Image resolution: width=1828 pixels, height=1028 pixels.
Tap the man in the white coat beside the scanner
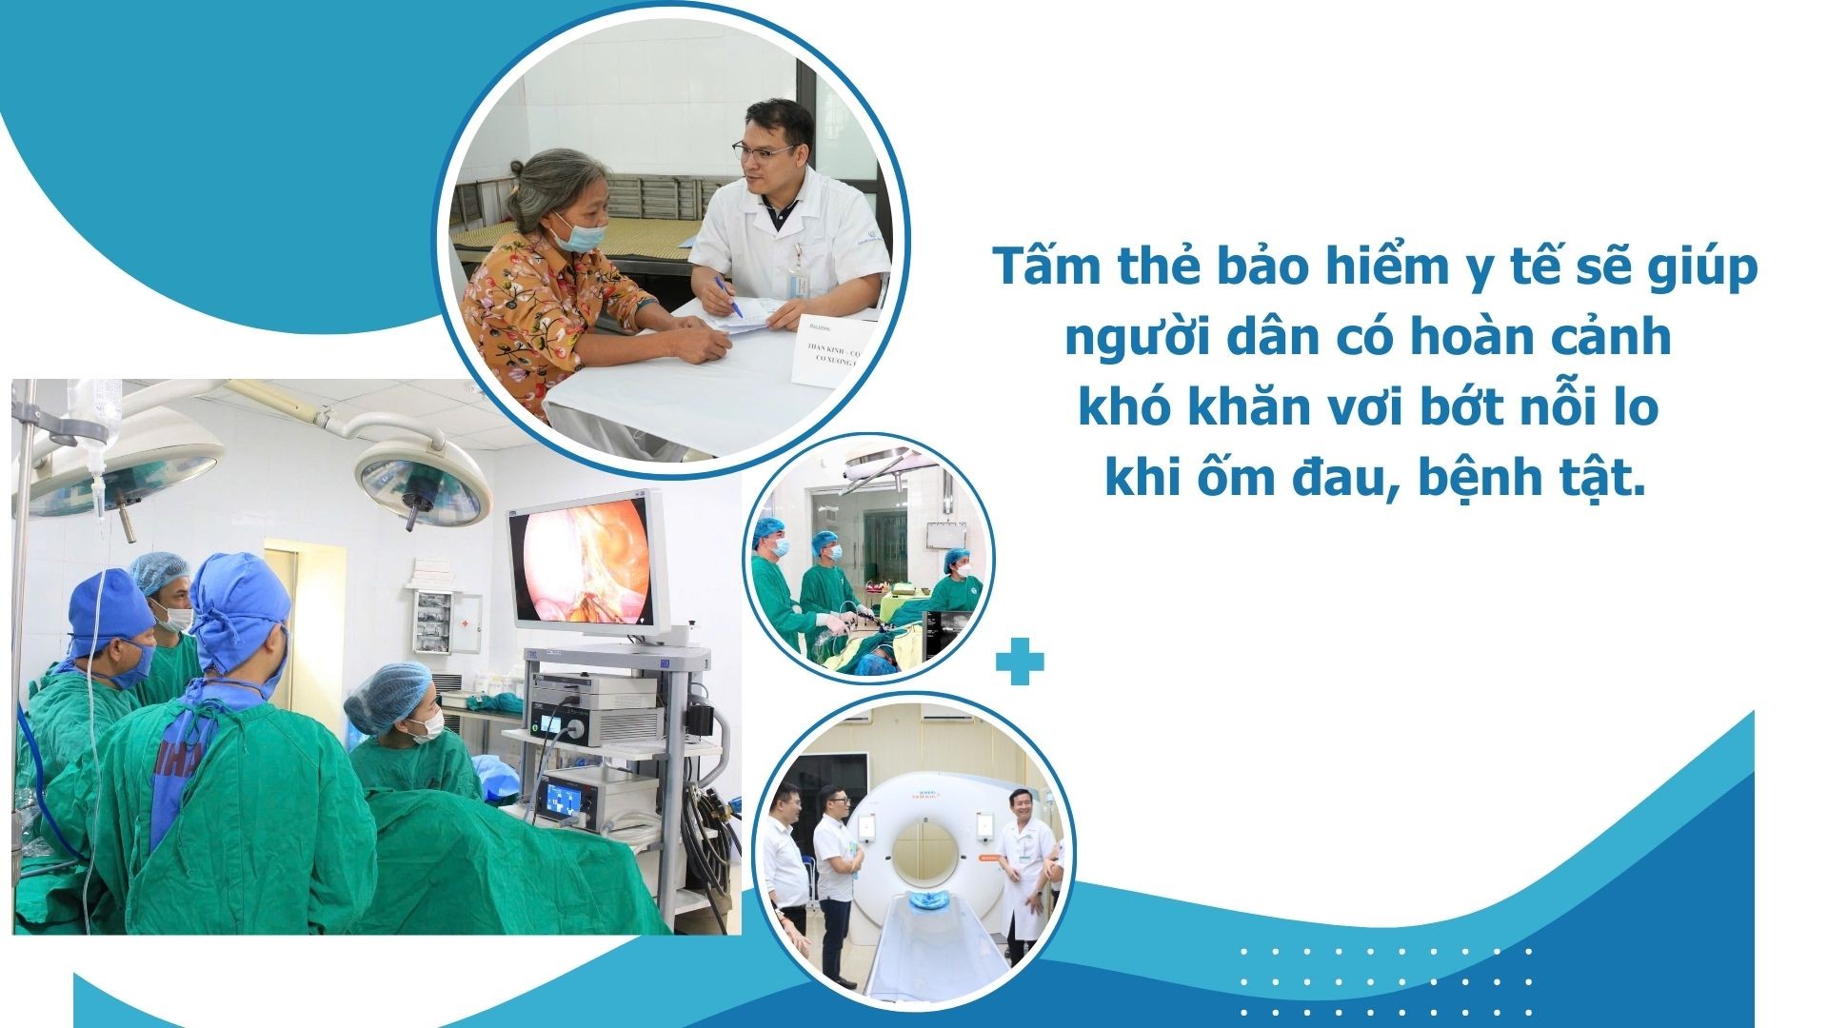(1024, 861)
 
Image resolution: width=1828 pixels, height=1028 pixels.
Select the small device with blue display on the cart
(563, 801)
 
